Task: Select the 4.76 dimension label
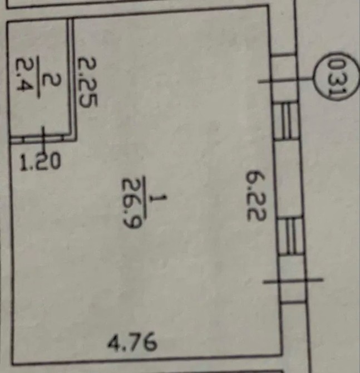pyautogui.click(x=132, y=342)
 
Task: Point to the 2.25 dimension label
pyautogui.click(x=87, y=82)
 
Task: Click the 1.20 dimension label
pyautogui.click(x=40, y=162)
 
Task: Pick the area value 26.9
pyautogui.click(x=132, y=203)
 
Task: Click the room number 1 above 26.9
pyautogui.click(x=159, y=199)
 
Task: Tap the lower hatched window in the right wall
pyautogui.click(x=291, y=235)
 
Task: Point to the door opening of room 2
pyautogui.click(x=43, y=139)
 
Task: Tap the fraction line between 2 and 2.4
pyautogui.click(x=38, y=77)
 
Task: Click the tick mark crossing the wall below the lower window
pyautogui.click(x=293, y=281)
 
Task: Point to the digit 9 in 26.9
pyautogui.click(x=132, y=222)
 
